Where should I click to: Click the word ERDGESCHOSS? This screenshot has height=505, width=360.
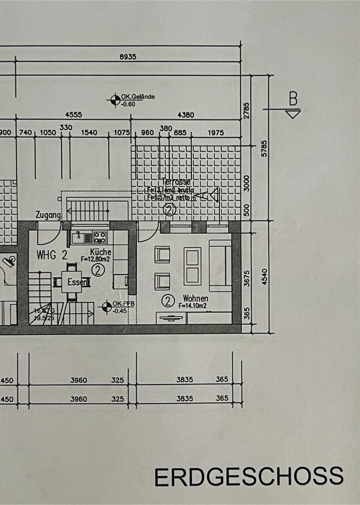coord(248,477)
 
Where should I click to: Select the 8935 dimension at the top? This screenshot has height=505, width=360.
coord(127,57)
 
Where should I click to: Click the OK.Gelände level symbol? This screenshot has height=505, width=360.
coord(115,100)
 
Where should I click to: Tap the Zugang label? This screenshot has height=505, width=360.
coord(48,215)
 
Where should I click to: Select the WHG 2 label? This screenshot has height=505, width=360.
coord(52,256)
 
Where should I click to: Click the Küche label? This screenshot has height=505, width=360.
coord(100,251)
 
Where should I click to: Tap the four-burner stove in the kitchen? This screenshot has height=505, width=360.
coord(100,238)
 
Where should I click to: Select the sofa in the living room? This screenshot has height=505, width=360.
coord(220,265)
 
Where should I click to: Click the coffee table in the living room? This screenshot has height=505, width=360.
coord(192,266)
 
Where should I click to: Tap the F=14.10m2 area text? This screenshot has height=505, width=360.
coord(193,306)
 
